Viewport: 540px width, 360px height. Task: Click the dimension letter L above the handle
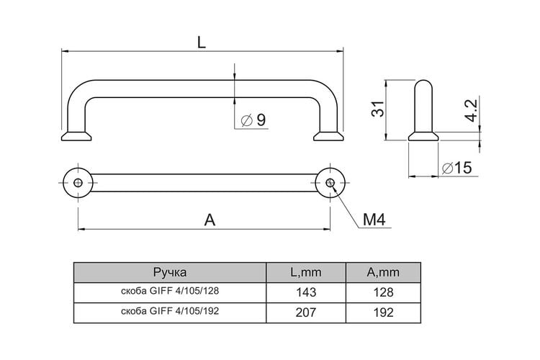[202, 42]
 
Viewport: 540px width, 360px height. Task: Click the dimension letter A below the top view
[210, 220]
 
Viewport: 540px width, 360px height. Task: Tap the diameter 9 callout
[254, 120]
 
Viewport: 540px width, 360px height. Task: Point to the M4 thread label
[374, 220]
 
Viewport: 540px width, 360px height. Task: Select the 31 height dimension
[377, 109]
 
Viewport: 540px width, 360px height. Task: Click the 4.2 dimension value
[471, 110]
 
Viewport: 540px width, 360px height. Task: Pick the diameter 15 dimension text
[456, 168]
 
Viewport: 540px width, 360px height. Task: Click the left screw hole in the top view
[78, 183]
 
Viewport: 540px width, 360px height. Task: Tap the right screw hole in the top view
[330, 183]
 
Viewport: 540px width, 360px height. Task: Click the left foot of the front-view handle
[76, 136]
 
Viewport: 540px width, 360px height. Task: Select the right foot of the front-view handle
[328, 136]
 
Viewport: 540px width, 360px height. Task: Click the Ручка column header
[170, 272]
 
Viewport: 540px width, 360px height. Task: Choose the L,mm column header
[306, 272]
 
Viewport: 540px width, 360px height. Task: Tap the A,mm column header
[383, 272]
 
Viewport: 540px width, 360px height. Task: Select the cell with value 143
[306, 292]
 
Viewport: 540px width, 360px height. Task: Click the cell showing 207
[306, 312]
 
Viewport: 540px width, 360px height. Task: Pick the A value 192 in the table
[383, 312]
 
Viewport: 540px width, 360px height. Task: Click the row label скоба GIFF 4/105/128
[170, 291]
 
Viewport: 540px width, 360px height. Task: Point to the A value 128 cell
[383, 292]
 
